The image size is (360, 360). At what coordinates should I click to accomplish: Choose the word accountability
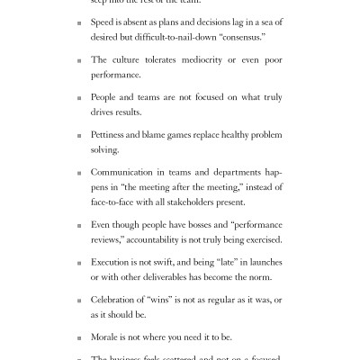[x=157, y=239]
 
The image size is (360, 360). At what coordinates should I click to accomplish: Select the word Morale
[x=106, y=335]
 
